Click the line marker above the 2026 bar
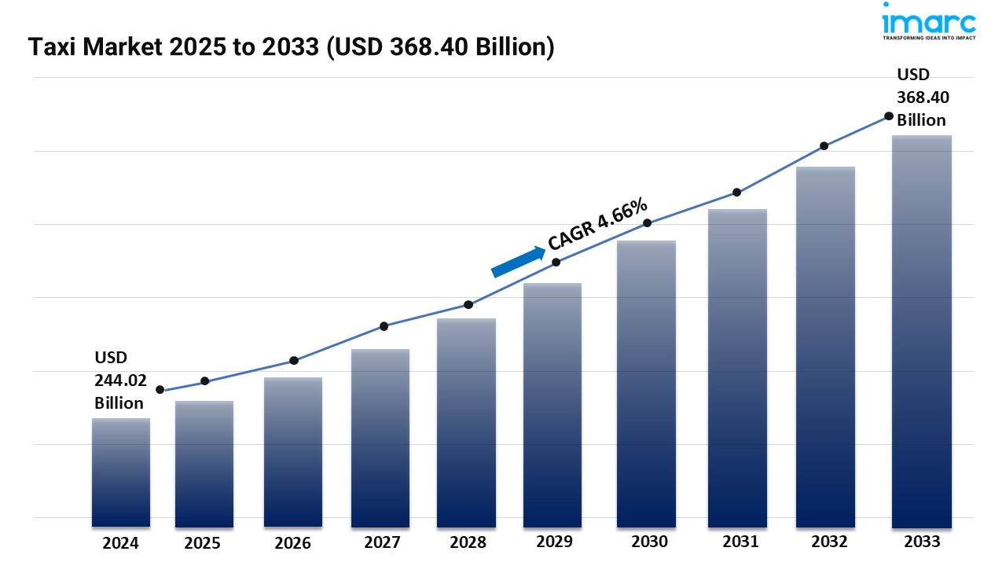click(294, 361)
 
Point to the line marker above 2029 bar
click(556, 262)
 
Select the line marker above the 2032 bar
click(824, 146)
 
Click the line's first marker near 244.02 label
click(160, 390)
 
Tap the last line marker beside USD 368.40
click(889, 116)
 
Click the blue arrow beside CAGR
click(518, 262)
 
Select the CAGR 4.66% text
click(598, 226)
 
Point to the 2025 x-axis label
click(203, 543)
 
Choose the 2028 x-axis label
click(467, 542)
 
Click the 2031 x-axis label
click(740, 542)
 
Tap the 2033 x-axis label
click(921, 542)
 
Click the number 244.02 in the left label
click(120, 380)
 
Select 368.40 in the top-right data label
click(923, 97)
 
